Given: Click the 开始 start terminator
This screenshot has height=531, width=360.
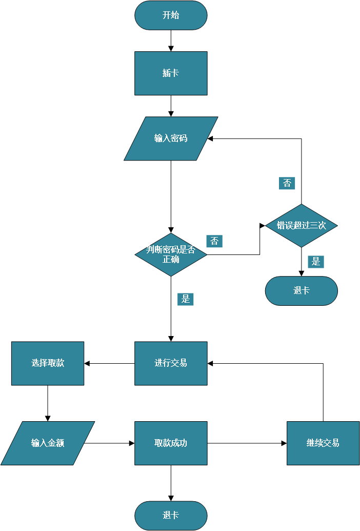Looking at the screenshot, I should pos(171,15).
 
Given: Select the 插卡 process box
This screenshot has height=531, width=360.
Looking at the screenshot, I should pos(171,73).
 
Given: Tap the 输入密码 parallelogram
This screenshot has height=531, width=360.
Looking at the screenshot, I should pos(171,139).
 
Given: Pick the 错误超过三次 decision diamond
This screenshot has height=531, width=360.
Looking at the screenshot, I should pos(301,225).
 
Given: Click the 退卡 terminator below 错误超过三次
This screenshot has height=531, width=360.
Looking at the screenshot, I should pos(301,291).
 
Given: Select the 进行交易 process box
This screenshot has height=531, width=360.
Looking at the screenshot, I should pos(171,363).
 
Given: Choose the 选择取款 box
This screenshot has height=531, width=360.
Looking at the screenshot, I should pos(48,363).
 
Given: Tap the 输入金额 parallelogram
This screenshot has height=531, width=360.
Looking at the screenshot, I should pos(48,443).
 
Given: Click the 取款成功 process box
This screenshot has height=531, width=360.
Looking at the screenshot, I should pos(171,443).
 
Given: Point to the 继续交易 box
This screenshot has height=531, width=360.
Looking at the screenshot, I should pos(323,443).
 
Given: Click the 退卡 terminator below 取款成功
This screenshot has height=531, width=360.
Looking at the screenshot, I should pos(171,516).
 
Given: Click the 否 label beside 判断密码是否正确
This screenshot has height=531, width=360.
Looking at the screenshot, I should pos(214,241).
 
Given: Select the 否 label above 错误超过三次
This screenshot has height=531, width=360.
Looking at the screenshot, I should pos(287,183).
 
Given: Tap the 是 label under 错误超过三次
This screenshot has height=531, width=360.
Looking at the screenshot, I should pos(316,262).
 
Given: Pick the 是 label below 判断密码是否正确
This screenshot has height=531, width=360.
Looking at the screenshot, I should pos(186,299).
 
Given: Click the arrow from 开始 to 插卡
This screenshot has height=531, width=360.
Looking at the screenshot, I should pos(171,41).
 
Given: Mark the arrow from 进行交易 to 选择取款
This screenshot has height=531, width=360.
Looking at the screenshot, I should pos(109,363).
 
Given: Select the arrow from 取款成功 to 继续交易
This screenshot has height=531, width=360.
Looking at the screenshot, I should pos(247,443).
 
